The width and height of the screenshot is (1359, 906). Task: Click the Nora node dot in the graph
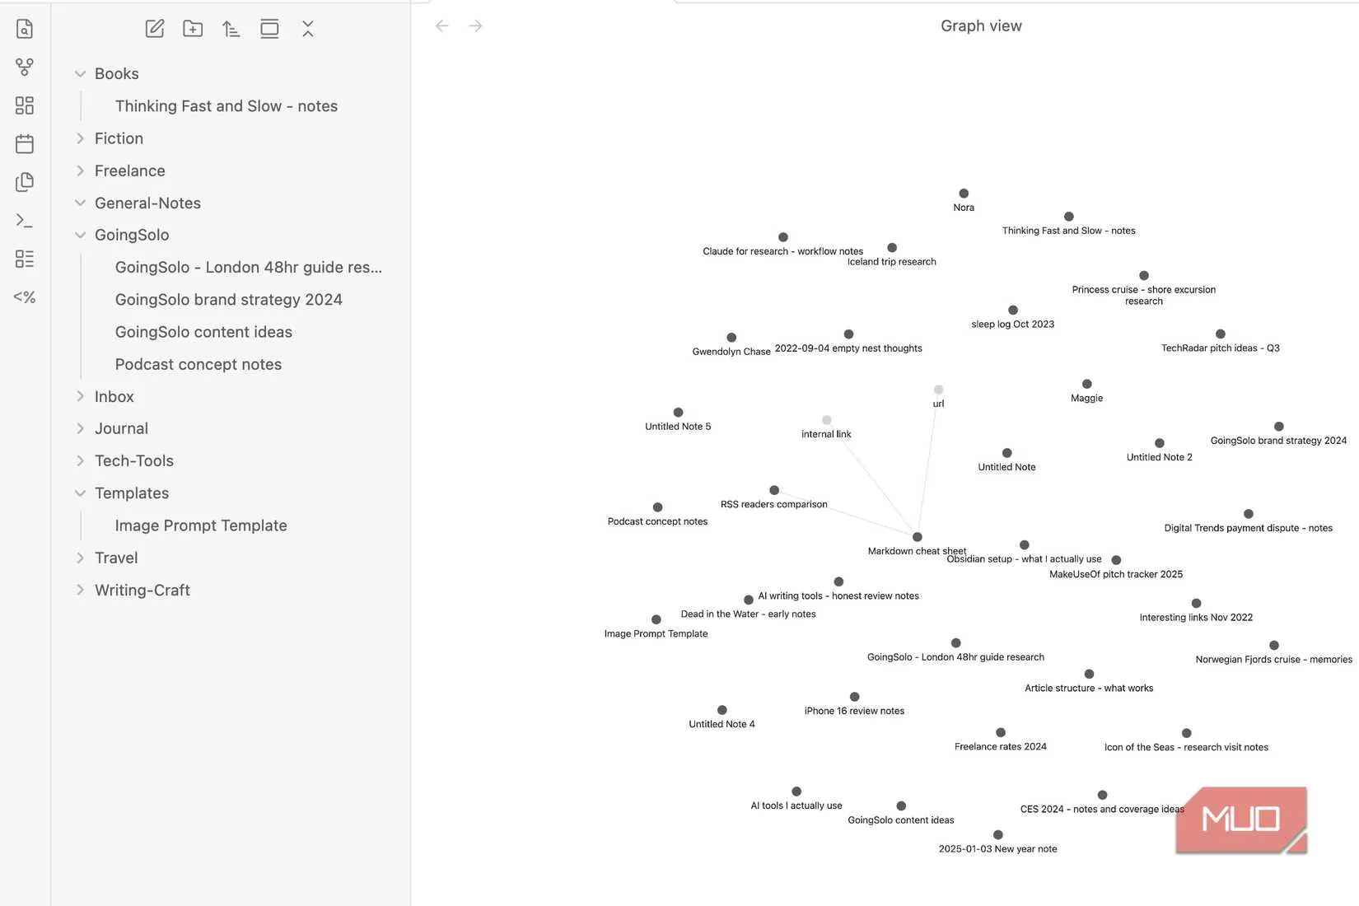click(964, 194)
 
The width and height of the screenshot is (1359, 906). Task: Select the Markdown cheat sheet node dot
click(918, 537)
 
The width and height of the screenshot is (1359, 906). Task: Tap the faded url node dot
click(939, 390)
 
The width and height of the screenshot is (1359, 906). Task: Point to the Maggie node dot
click(1086, 384)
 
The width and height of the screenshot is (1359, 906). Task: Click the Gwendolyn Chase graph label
click(731, 352)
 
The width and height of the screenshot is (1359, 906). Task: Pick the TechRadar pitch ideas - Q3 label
click(1220, 348)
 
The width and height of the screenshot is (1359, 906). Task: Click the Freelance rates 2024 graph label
click(1001, 747)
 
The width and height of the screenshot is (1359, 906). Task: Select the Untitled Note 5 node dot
click(679, 413)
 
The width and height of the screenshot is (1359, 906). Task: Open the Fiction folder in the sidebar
click(119, 138)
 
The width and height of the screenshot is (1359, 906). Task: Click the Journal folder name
click(121, 428)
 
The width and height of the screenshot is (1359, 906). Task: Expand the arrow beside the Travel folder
click(80, 558)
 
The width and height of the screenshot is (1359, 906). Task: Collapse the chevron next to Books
click(80, 74)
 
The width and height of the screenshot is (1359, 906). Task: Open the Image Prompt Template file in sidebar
click(201, 525)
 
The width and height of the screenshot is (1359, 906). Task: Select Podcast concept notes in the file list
click(198, 364)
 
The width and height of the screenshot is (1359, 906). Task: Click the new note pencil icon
click(155, 29)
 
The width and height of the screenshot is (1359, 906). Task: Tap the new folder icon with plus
click(193, 29)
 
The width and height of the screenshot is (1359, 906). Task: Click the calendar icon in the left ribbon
click(24, 144)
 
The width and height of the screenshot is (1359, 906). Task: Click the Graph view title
click(981, 26)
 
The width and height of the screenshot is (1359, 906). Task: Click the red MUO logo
click(1241, 820)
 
